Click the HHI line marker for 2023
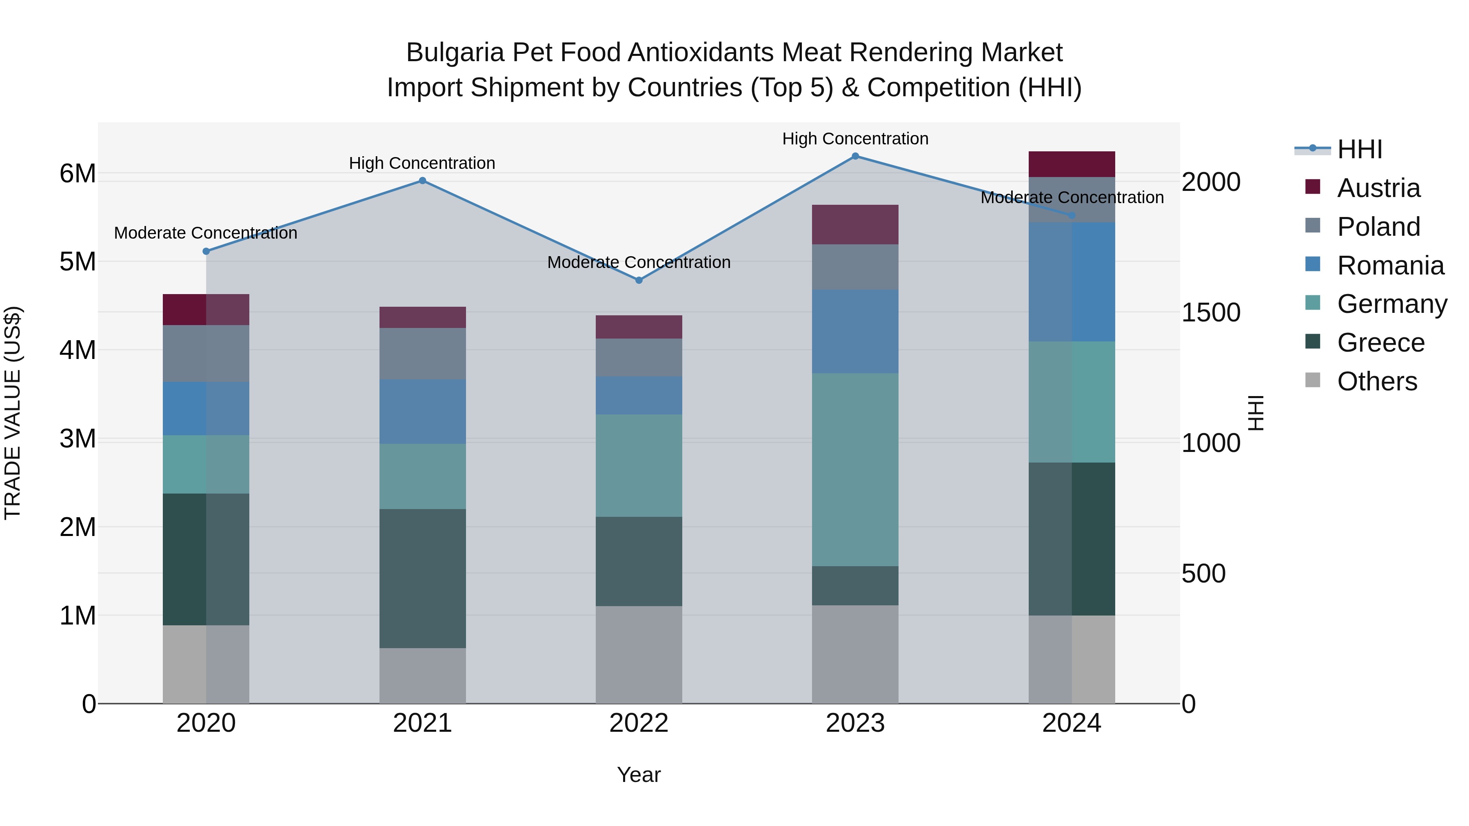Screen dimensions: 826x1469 855,156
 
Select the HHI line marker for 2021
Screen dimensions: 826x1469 423,181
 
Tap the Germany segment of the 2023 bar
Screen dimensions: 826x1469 855,470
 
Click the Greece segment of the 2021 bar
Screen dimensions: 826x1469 423,578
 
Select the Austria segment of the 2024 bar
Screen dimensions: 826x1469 1072,164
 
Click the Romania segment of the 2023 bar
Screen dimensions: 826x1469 855,332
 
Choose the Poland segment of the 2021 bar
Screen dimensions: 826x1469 423,354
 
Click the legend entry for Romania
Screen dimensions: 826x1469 1390,266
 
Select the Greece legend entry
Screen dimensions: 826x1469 1380,343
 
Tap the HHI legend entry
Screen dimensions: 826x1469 1360,149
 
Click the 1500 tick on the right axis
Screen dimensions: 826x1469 1210,312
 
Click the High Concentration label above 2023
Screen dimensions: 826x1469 855,139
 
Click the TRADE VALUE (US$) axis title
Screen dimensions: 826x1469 13,413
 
